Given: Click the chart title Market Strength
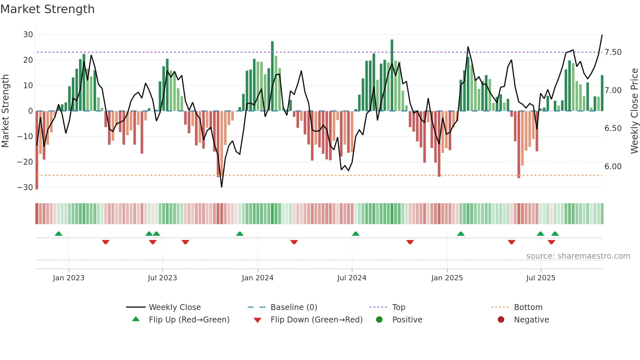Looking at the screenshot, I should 47,9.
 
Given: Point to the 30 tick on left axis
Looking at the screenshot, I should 28,35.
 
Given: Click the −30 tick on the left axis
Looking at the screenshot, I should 25,188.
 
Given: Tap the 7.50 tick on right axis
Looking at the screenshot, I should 613,52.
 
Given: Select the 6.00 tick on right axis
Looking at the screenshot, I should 613,167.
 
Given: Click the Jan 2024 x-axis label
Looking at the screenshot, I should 257,278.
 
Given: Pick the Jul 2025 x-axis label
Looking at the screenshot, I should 540,278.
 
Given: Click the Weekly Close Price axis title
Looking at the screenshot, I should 634,111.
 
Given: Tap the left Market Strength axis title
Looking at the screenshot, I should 5,111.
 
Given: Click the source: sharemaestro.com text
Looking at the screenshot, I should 578,256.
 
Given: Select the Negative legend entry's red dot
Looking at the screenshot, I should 501,320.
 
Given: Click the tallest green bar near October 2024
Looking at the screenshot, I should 392,75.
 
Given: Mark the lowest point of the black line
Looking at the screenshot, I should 222,187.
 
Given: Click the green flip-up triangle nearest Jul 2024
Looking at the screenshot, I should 356,234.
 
